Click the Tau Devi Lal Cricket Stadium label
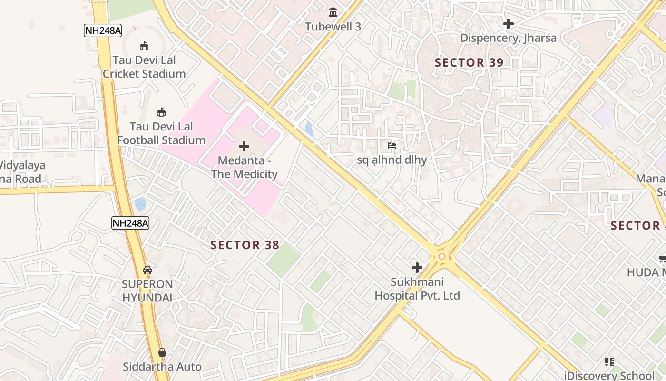144,67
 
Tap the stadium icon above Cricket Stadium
144,46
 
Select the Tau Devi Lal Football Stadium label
161,133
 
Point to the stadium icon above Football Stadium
161,112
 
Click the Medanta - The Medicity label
244,168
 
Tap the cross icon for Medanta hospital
244,146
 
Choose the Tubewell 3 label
333,27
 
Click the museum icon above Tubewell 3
333,12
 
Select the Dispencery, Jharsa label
508,38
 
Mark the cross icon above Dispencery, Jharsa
508,23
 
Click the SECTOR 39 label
469,62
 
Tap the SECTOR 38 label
245,245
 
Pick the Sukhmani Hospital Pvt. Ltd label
417,289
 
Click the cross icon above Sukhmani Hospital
417,268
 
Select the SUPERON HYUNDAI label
147,291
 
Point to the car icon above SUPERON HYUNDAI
147,270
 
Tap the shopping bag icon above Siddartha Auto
162,352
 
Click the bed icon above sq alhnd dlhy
392,145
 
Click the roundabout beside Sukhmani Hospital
442,256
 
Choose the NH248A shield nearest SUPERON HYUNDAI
130,223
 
